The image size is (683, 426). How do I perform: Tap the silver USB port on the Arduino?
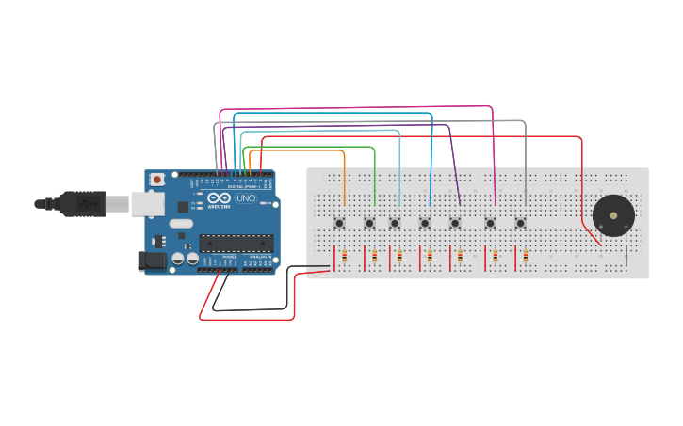[144, 202]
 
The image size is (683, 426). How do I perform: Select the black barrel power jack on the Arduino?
[151, 260]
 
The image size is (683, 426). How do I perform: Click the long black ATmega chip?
[235, 243]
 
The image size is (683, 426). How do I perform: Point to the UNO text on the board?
[245, 199]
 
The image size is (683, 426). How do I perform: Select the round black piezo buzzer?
[613, 215]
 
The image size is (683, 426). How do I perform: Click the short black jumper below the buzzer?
[626, 255]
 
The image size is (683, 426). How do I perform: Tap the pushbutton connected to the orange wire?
[340, 223]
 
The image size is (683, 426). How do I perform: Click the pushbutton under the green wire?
[370, 223]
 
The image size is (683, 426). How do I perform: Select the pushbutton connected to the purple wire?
[455, 223]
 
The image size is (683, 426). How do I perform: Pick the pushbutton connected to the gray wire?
[520, 223]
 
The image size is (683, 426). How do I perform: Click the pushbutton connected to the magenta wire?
[490, 223]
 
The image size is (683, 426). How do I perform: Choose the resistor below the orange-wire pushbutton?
[345, 257]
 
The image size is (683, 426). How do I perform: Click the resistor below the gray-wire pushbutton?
[525, 257]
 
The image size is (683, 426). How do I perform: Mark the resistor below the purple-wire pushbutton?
[461, 257]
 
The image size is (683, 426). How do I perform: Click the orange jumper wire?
[301, 150]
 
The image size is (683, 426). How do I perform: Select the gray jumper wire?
[377, 122]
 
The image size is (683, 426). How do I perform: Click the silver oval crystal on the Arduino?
[182, 224]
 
